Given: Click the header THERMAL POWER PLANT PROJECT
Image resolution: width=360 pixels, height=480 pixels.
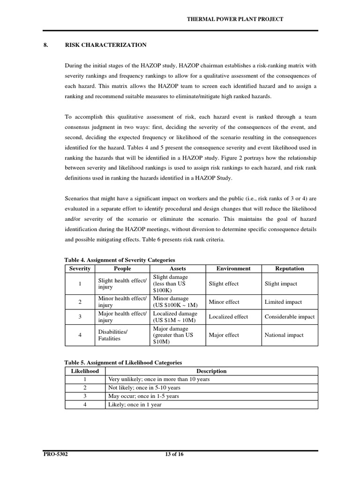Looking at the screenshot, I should [x=235, y=19].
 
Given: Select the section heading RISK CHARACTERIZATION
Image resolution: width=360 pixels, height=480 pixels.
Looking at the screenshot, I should [x=105, y=45].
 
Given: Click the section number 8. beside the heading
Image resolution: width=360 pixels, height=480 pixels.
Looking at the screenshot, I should [x=46, y=45].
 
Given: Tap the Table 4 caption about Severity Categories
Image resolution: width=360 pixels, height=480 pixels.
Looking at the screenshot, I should [x=120, y=260].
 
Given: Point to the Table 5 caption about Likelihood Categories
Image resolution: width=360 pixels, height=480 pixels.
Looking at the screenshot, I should [x=123, y=363].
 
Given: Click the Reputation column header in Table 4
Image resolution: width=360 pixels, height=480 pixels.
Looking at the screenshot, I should [x=290, y=269].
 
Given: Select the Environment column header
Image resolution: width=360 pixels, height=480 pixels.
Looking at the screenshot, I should [x=233, y=269].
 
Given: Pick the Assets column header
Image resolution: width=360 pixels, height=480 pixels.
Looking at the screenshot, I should [x=177, y=269].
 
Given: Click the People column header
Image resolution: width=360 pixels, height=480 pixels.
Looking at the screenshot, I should [x=122, y=269].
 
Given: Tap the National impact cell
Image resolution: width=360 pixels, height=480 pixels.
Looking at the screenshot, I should [x=284, y=335].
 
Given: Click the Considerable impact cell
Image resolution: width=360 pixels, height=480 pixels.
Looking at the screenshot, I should [x=289, y=317].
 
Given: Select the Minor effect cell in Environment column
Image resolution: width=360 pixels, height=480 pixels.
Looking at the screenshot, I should [x=224, y=302].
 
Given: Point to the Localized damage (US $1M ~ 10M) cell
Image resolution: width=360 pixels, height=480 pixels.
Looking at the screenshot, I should [x=175, y=317].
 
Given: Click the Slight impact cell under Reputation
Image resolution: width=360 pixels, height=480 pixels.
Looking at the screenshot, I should [x=281, y=284].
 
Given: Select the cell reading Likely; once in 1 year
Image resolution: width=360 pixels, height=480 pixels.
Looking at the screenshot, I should [x=135, y=405].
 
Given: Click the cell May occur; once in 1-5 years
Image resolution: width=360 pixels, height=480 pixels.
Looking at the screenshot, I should [x=143, y=396].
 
